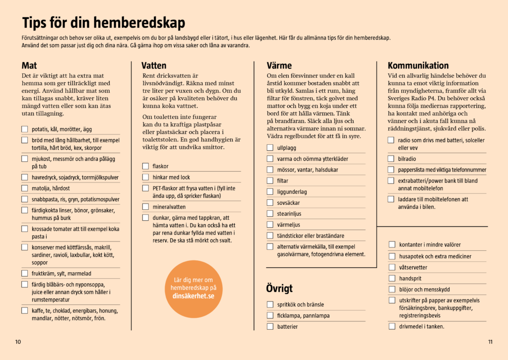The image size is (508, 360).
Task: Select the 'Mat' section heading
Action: [29, 65]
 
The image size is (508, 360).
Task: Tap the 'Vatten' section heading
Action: [154, 65]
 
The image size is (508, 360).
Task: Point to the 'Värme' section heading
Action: [279, 65]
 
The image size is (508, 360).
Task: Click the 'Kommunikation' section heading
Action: [418, 65]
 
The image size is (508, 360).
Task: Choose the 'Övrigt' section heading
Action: [279, 289]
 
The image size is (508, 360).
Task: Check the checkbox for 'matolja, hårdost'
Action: [25, 188]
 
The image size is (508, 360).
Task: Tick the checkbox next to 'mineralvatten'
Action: [145, 207]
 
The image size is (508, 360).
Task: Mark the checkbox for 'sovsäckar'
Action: [270, 203]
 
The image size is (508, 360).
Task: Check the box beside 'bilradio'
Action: [391, 159]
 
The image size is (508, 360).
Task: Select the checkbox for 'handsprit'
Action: [392, 278]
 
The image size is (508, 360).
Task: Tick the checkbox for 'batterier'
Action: [270, 326]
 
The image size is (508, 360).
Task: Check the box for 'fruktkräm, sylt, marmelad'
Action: [25, 273]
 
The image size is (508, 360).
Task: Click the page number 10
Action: [18, 342]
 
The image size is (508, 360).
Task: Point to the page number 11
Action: [490, 342]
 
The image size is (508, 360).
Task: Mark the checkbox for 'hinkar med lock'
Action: [145, 177]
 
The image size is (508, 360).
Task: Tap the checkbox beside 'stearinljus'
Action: [270, 214]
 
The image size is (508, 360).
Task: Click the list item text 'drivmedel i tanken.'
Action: [422, 326]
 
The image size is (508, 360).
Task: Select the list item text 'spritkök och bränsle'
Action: [301, 304]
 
